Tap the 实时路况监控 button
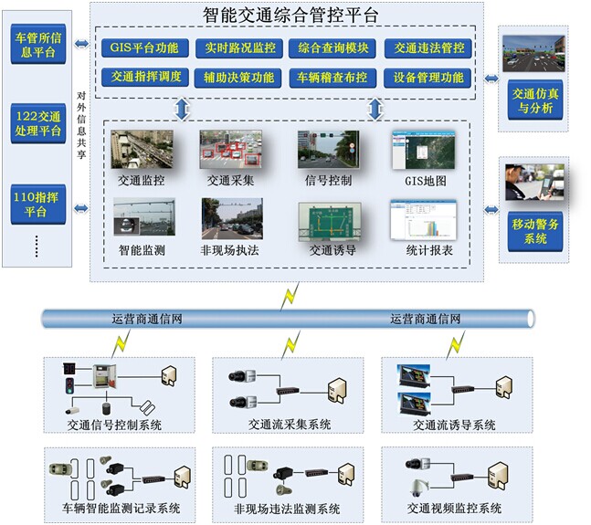tap(238, 48)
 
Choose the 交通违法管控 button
tap(427, 48)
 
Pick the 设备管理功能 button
tap(427, 78)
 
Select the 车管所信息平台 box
tap(38, 43)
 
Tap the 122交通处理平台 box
tap(38, 123)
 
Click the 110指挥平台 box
tap(38, 203)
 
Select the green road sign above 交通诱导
tap(329, 219)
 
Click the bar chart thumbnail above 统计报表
tap(421, 219)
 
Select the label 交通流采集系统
tap(290, 425)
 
